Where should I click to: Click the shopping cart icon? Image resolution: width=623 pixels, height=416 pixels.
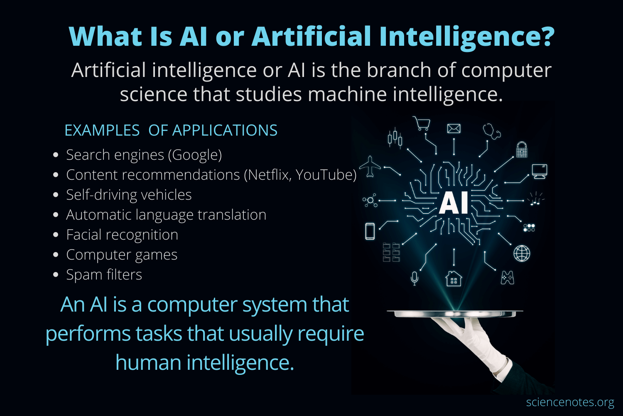422,124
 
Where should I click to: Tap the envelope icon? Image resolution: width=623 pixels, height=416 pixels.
454,129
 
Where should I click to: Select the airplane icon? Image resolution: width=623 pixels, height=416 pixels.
370,166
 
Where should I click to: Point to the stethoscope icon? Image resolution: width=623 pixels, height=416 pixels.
492,131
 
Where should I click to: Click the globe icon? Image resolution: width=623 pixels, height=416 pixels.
522,253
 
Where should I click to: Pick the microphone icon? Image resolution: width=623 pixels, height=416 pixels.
414,278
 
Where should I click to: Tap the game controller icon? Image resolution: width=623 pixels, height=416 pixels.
507,277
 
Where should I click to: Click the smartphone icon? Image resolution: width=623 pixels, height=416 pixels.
370,231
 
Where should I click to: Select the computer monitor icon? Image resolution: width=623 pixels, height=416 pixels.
540,171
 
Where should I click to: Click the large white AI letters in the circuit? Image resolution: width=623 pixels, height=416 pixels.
454,203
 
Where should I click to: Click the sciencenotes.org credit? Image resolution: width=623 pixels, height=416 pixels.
570,402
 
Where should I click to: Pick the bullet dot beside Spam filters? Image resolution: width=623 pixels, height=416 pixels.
56,275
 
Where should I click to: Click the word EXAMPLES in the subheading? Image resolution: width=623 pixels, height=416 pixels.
102,131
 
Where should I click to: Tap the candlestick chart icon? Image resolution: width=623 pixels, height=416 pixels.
395,138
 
